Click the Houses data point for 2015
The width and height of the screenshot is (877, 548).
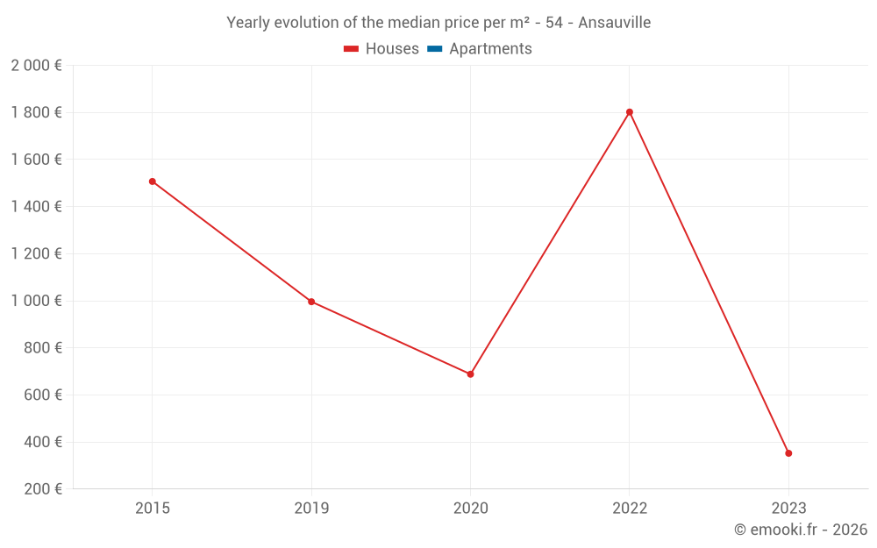coord(153,181)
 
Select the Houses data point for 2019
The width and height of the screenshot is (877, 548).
coord(311,302)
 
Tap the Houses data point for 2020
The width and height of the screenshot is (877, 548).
coord(470,374)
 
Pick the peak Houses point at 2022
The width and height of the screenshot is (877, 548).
coord(630,112)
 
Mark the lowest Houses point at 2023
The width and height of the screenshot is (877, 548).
coord(788,453)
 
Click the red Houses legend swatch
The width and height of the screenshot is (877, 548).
coord(352,49)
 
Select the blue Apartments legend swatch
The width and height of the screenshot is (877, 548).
coord(435,49)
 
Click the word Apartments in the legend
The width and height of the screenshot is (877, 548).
coord(490,49)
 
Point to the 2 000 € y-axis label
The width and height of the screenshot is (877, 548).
coord(36,65)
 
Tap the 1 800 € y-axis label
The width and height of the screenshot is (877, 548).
coord(36,112)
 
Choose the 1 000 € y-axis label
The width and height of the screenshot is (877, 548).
coord(36,301)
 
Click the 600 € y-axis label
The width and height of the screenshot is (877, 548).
coord(43,395)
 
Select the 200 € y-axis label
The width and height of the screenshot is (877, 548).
coord(43,489)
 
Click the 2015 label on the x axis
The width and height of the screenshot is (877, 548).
coord(153,508)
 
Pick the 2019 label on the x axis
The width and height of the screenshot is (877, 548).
coord(311,508)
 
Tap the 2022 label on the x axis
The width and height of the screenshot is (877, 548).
coord(630,508)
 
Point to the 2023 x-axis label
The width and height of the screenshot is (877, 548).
coord(788,508)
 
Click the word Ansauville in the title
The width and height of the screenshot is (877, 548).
coord(614,23)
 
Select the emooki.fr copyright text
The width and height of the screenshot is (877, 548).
coord(801,530)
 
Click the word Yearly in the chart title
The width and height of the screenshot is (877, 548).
coord(248,23)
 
